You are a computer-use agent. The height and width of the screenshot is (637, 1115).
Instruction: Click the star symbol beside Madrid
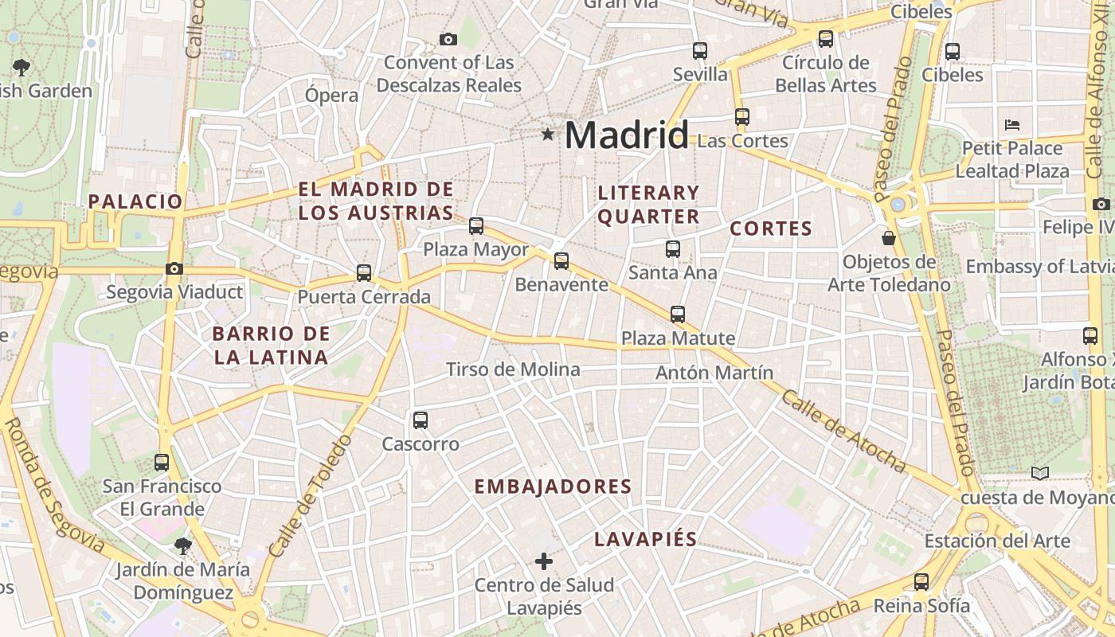click(x=548, y=135)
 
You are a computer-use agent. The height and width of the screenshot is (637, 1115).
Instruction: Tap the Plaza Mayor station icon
click(x=476, y=226)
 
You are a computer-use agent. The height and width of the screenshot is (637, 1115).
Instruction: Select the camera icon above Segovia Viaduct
click(x=174, y=268)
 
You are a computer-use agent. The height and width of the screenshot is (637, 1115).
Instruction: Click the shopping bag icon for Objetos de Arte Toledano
click(x=889, y=238)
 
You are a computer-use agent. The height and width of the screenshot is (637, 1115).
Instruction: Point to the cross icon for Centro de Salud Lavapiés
click(x=544, y=561)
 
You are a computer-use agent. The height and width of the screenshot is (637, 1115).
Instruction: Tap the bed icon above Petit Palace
click(x=1012, y=124)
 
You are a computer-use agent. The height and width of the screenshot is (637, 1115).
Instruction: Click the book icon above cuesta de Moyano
click(x=1039, y=473)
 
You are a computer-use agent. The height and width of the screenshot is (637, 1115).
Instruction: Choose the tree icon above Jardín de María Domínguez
click(x=182, y=545)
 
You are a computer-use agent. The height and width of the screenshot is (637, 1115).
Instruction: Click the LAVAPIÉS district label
click(x=645, y=539)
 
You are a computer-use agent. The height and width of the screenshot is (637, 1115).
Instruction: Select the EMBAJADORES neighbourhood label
click(x=553, y=487)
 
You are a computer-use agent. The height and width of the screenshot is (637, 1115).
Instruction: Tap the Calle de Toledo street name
click(x=311, y=495)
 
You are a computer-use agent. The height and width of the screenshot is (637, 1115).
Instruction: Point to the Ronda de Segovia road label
click(x=53, y=485)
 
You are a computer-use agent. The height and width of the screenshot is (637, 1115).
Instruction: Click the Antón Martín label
click(x=714, y=373)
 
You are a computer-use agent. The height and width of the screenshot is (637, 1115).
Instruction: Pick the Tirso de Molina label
click(x=513, y=369)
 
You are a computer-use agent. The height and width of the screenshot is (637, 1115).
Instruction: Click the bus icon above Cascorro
click(x=421, y=420)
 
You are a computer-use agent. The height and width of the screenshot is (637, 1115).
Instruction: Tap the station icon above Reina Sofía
click(x=921, y=581)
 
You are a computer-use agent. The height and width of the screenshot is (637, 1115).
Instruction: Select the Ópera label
click(x=331, y=96)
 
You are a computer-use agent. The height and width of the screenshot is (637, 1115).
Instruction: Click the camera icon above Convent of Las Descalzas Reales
click(x=448, y=39)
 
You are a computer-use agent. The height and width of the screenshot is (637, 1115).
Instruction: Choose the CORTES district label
click(x=771, y=229)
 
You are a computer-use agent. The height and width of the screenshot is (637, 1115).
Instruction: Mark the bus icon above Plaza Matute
click(x=678, y=314)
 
